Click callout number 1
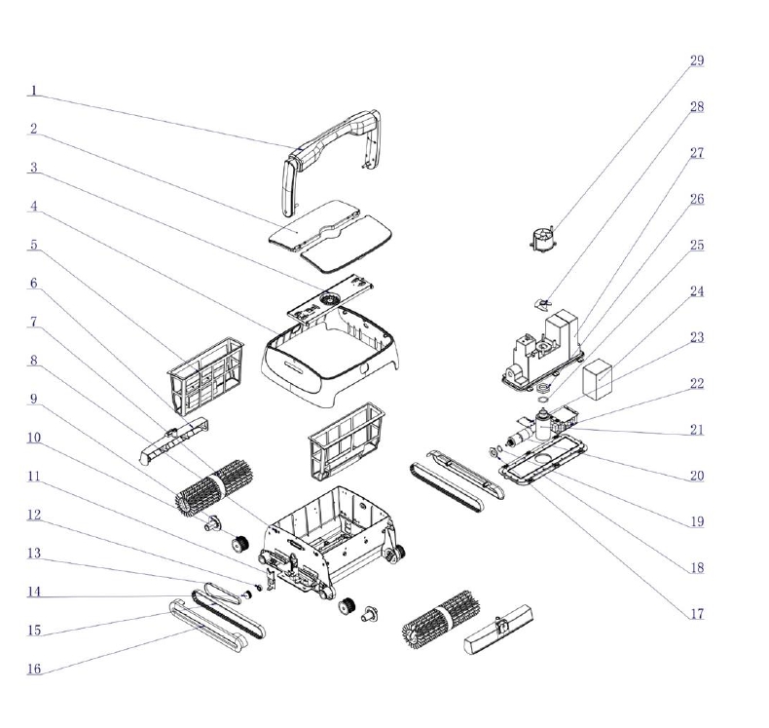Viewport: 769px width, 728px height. pyautogui.click(x=33, y=91)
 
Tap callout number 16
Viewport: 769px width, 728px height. pyautogui.click(x=34, y=670)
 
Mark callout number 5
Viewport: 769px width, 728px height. pyautogui.click(x=33, y=246)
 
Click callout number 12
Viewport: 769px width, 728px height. pyautogui.click(x=34, y=515)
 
